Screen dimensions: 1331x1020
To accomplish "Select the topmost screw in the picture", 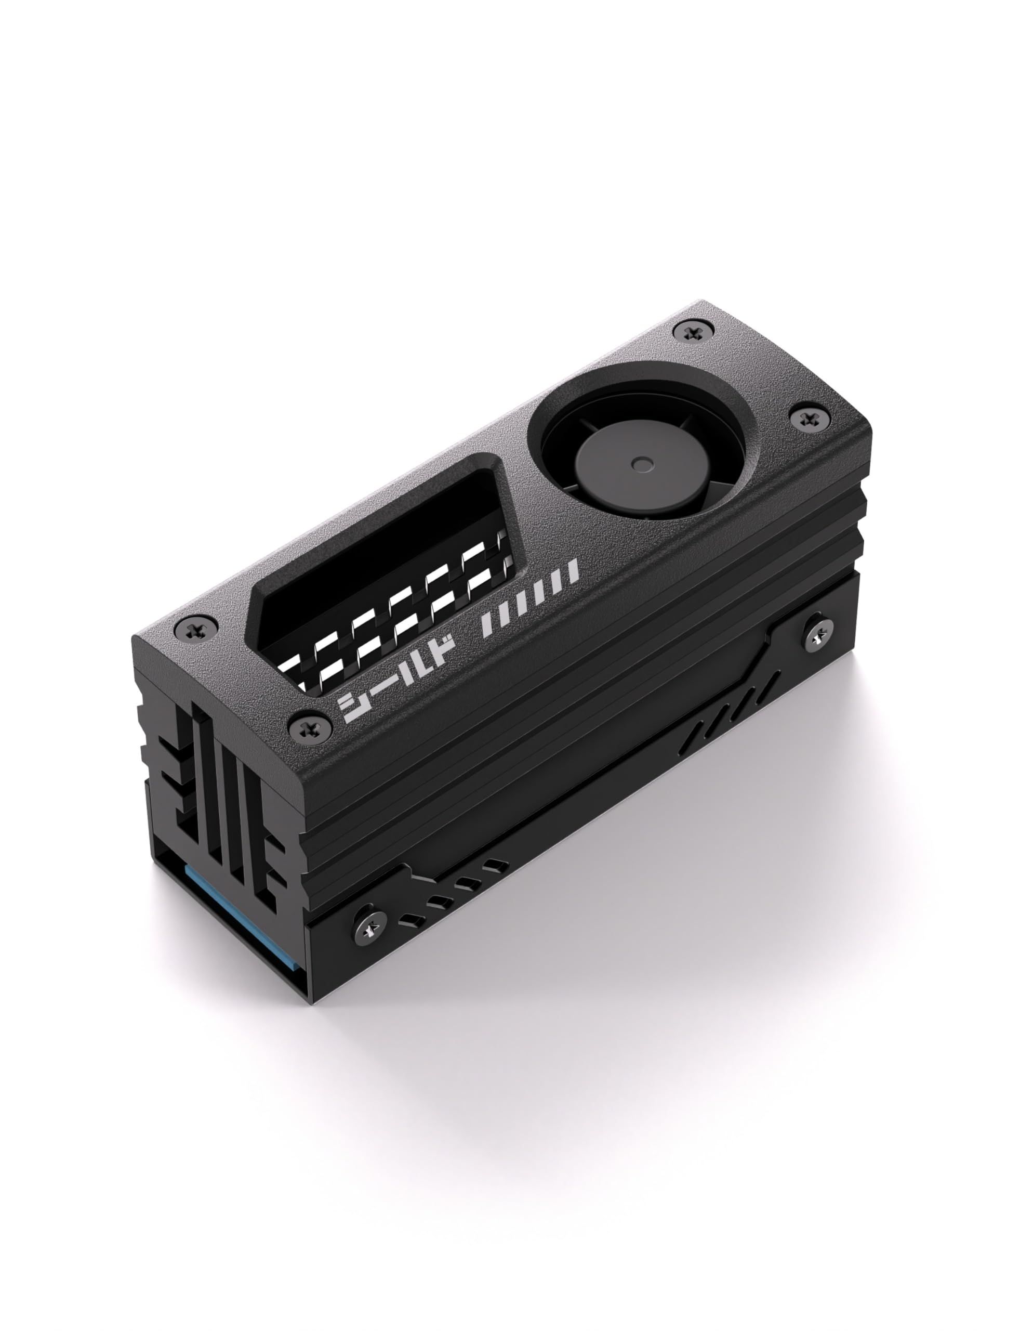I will click(x=693, y=332).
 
